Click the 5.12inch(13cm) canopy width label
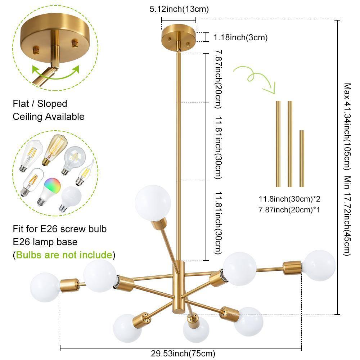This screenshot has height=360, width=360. (x=179, y=9)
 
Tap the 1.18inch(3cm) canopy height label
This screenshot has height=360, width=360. (x=240, y=37)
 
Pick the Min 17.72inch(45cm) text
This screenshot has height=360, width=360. (x=347, y=216)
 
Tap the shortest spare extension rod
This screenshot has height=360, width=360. (x=302, y=158)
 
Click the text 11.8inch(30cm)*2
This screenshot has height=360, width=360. (x=289, y=199)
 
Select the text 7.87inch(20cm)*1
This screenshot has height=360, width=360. (x=289, y=209)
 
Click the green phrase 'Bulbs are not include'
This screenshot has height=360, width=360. (x=64, y=255)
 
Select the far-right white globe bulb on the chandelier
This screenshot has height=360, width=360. (x=319, y=266)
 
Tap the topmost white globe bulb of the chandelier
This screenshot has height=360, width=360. (x=153, y=203)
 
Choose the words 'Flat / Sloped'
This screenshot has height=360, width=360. (x=40, y=104)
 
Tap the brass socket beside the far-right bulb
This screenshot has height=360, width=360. (x=292, y=267)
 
